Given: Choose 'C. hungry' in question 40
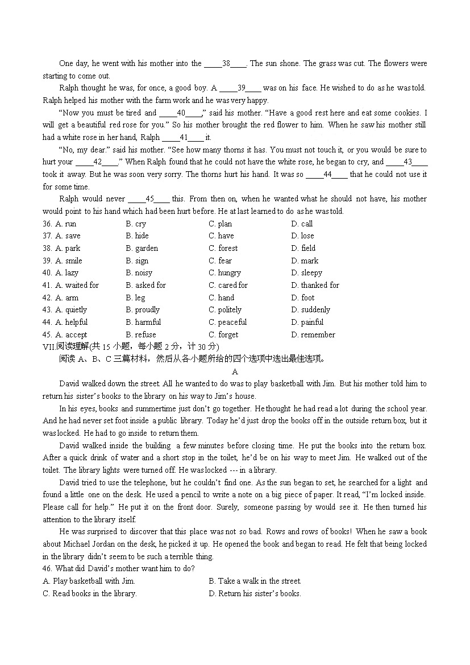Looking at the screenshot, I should tap(224, 273).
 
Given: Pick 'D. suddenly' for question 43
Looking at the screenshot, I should tap(310, 310).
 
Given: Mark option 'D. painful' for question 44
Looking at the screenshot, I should tap(307, 322).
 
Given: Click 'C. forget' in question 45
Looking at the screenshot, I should tap(223, 334).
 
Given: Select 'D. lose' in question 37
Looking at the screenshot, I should tap(302, 236).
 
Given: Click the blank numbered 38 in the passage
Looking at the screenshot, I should tap(226, 64).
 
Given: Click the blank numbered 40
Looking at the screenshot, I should tap(181, 113).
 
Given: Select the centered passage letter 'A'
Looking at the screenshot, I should tap(235, 371).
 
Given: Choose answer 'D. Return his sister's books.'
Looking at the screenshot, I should tap(255, 593).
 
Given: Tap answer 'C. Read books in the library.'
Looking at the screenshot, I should tap(90, 593).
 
